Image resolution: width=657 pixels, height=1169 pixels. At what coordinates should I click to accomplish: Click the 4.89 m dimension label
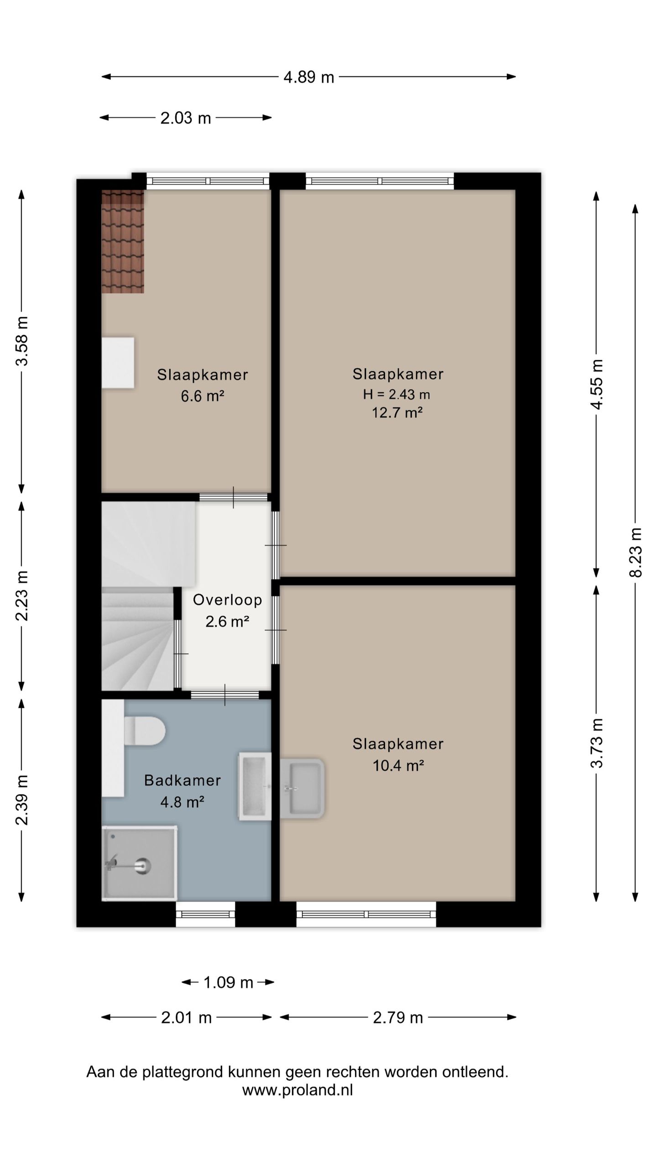tap(309, 77)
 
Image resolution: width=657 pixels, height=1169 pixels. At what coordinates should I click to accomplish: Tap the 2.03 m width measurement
tap(186, 118)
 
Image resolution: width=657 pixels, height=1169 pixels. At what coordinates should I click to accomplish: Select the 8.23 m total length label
tap(636, 553)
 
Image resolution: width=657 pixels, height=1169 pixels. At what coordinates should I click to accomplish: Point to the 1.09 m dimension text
tap(228, 982)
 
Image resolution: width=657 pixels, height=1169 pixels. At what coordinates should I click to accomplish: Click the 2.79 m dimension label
tap(398, 1017)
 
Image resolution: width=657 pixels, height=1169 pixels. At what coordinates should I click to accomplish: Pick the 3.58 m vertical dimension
tap(22, 341)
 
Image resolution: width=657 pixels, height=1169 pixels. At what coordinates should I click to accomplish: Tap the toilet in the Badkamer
tap(144, 731)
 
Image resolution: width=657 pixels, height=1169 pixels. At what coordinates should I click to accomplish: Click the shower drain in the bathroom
tap(144, 866)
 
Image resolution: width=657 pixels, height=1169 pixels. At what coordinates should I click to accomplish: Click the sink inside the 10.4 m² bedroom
tap(302, 788)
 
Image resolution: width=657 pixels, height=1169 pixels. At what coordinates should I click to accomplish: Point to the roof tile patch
tap(123, 242)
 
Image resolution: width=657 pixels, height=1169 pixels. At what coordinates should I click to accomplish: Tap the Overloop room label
tap(227, 600)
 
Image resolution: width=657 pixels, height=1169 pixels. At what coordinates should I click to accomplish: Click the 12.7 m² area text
tap(397, 413)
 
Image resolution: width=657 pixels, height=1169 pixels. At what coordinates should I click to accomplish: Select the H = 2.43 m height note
tap(396, 394)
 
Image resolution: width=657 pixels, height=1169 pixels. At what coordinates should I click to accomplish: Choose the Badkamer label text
tap(182, 780)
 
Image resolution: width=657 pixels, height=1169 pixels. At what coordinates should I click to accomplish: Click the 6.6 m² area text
tap(203, 396)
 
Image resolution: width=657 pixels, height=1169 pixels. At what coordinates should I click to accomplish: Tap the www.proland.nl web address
tap(297, 1090)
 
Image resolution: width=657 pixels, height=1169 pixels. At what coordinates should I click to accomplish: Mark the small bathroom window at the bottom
tap(205, 914)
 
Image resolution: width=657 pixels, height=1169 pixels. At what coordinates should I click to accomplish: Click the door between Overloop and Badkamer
tap(225, 695)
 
